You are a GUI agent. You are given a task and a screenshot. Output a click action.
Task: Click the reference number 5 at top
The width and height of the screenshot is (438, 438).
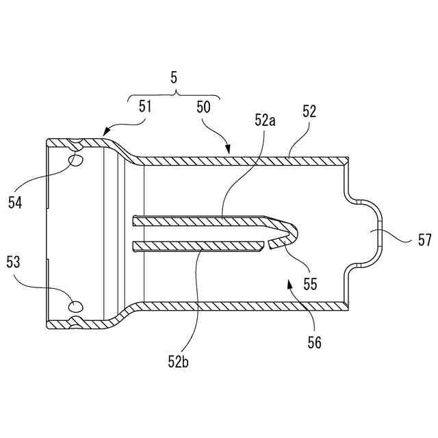pos(174,79)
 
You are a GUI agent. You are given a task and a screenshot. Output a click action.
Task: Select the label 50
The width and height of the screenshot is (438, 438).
pos(203,107)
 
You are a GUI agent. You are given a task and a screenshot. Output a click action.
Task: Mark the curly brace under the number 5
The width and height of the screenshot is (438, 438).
pos(174,95)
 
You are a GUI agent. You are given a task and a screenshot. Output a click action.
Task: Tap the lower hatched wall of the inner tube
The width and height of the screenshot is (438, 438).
pos(198,246)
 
